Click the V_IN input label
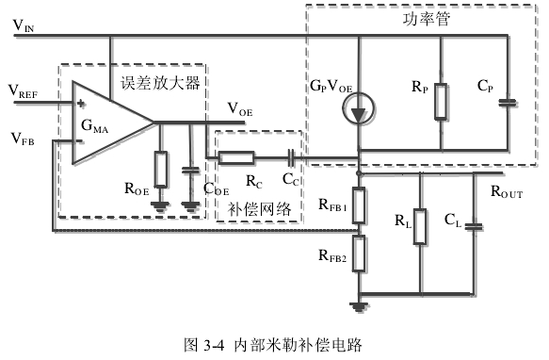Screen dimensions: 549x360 tap(24, 25)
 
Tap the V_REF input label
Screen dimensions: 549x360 tap(23, 91)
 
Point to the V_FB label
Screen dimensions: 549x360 tap(23, 139)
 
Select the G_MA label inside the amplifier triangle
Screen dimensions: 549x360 tap(94, 126)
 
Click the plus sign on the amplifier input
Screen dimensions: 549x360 tap(81, 103)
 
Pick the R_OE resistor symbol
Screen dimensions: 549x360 tap(161, 170)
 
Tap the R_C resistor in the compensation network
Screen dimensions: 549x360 tap(236, 157)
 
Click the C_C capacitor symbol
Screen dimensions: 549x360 tap(291, 157)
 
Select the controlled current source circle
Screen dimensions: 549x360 tap(359, 108)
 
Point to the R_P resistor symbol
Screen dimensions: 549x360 tap(441, 102)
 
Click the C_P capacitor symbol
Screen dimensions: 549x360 tap(508, 103)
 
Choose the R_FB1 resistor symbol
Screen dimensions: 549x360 tap(359, 205)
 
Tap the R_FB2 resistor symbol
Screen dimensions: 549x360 tap(359, 254)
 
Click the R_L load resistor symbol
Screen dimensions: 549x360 tap(420, 226)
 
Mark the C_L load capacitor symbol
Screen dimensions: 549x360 tap(474, 226)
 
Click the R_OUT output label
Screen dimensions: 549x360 tap(507, 192)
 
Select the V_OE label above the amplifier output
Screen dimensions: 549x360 tap(240, 109)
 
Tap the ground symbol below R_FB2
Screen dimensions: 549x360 tap(359, 307)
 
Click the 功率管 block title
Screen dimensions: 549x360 tap(426, 19)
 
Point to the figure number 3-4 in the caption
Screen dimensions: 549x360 tap(213, 345)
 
